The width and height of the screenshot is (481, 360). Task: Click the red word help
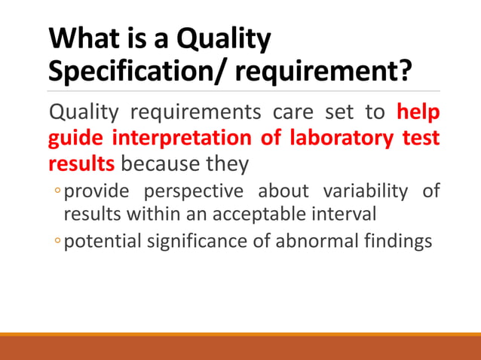tap(418, 114)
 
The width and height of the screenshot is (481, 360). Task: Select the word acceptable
tap(265, 214)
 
